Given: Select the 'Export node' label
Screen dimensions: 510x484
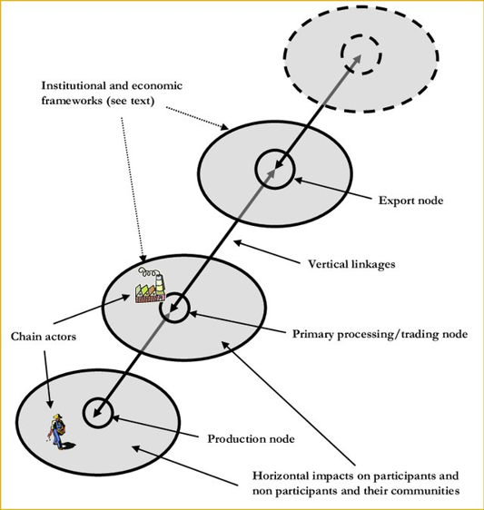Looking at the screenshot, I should pyautogui.click(x=410, y=198).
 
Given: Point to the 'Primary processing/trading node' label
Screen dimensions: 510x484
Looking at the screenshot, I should pyautogui.click(x=379, y=334).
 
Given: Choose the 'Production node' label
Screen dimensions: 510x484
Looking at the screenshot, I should pyautogui.click(x=252, y=439).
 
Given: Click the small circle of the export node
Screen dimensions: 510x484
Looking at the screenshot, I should pyautogui.click(x=272, y=169).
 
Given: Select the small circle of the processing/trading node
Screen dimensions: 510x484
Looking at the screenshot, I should pyautogui.click(x=174, y=309).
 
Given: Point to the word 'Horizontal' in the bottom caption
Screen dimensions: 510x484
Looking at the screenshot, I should pyautogui.click(x=282, y=476).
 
